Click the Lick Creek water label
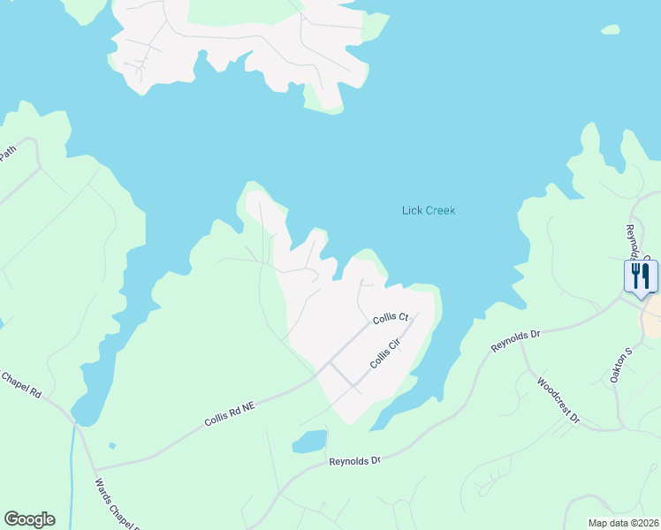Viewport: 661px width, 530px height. point(428,210)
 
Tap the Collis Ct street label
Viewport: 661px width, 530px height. point(390,317)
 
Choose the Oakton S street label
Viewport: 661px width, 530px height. point(621,365)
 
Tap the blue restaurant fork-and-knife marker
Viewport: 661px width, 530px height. point(640,276)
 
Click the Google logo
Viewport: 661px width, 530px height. point(29,519)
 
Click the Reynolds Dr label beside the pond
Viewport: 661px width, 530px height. point(353,461)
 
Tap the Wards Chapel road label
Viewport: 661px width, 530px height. point(118,503)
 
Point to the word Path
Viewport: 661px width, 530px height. point(7,153)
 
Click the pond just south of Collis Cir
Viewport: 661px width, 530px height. point(309,441)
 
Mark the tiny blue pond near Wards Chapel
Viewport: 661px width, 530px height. point(111,445)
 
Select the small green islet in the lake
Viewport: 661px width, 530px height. point(610,30)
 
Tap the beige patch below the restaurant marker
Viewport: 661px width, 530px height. point(653,316)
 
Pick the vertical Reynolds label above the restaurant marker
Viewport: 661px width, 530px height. point(631,238)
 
